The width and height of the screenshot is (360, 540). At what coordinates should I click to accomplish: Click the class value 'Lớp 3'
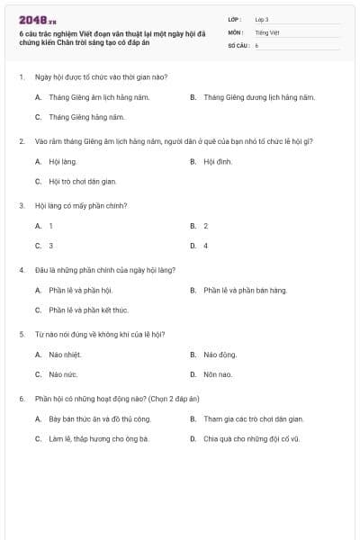(262, 20)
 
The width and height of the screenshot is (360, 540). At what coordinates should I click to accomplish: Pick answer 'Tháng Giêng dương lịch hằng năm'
(258, 96)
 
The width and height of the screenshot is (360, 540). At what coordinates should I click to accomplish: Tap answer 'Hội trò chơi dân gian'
(82, 181)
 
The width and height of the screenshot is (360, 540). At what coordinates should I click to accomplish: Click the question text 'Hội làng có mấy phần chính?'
(80, 205)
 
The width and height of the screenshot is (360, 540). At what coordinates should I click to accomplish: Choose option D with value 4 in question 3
(205, 246)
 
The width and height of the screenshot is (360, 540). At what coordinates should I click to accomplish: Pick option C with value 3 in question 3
(50, 246)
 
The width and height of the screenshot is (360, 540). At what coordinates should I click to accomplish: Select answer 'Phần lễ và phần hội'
(80, 291)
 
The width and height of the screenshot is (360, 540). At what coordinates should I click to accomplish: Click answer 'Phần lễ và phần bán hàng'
(245, 291)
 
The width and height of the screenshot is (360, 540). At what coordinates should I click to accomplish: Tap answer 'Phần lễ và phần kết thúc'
(88, 310)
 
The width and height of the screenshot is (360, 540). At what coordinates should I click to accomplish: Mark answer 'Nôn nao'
(218, 374)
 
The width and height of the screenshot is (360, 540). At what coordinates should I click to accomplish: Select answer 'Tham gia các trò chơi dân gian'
(253, 419)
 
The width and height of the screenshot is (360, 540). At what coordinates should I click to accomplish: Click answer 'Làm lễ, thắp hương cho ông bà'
(98, 439)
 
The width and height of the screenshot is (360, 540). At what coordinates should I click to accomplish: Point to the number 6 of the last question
(21, 398)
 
